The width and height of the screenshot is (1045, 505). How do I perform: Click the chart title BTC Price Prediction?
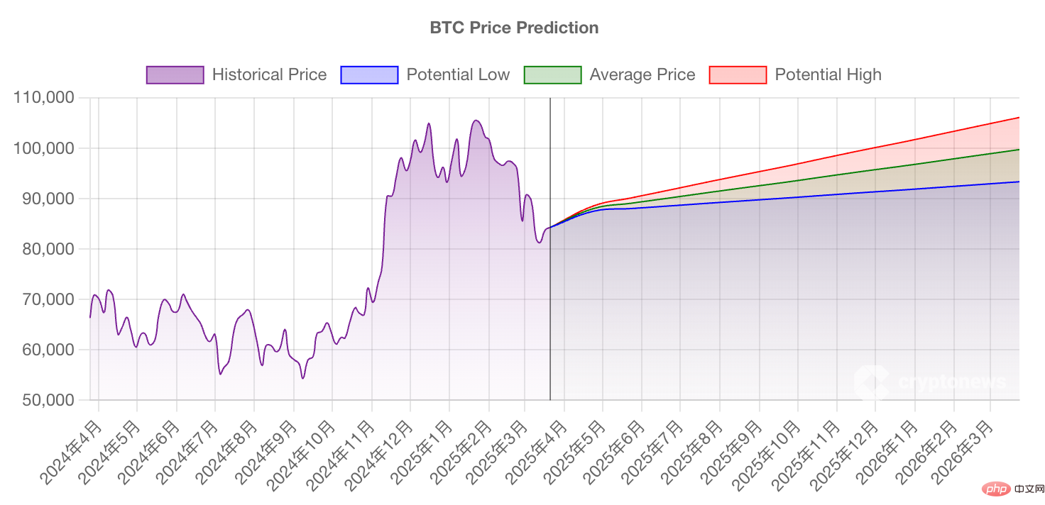point(514,28)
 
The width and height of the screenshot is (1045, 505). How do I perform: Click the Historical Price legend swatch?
point(175,74)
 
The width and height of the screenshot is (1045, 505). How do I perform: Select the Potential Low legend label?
point(458,74)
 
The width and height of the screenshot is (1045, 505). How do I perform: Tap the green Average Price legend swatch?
point(552,74)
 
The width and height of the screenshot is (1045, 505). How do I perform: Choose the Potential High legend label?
point(828,74)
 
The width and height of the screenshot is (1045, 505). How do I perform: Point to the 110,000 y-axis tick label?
point(44,98)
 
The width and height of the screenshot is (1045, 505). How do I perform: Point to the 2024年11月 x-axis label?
point(342,454)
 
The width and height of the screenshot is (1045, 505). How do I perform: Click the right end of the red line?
point(1019,118)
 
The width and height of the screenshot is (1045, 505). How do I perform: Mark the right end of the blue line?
point(1019,182)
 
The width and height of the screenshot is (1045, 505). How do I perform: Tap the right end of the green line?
point(1019,150)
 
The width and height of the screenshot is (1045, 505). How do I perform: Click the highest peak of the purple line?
point(476,121)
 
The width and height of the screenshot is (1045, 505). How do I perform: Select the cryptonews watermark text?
point(951,382)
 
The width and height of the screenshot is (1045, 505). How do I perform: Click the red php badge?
point(997,489)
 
